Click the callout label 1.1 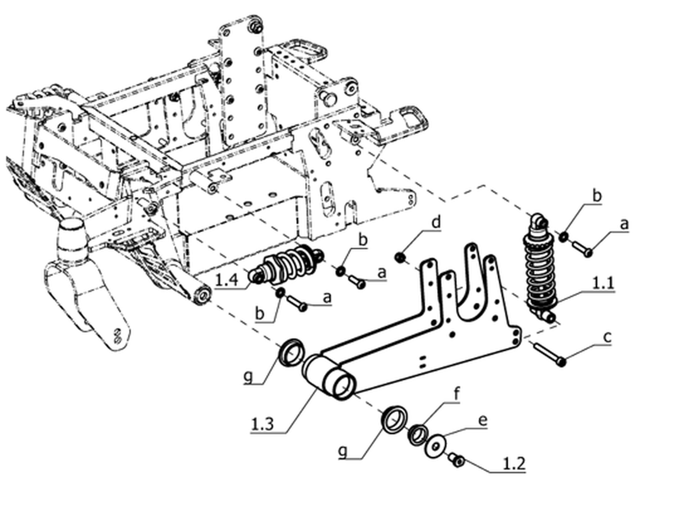coord(603,283)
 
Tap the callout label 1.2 coord(514,463)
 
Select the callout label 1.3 coord(262,424)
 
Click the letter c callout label coord(607,338)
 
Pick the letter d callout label coord(436,221)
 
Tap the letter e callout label coord(482,420)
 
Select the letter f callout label coord(456,393)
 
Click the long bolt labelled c coord(549,354)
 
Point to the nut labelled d coord(400,257)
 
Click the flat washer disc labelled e coord(436,446)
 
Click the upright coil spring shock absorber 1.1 coord(539,268)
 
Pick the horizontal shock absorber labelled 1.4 coord(288,264)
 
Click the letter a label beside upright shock coord(624,225)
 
